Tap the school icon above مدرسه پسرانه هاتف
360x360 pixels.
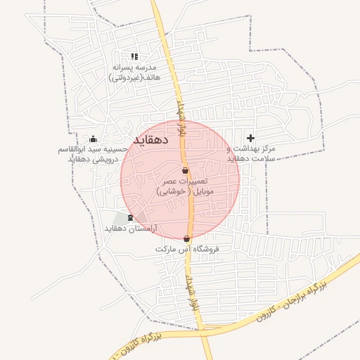coord(135,57)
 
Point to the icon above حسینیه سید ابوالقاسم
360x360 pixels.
coord(94,139)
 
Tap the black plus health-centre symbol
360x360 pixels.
coord(251,138)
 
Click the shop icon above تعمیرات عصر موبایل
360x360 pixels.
coord(185,171)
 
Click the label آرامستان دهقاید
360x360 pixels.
coord(131,229)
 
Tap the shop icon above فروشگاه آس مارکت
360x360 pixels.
coord(186,239)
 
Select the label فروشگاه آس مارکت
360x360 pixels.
coord(188,250)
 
